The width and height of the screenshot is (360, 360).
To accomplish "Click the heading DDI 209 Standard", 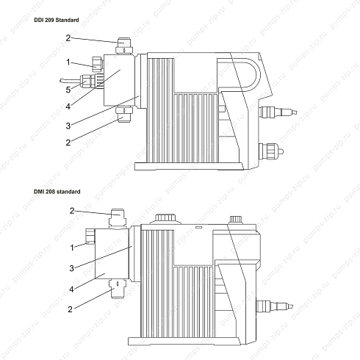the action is pos(57,20).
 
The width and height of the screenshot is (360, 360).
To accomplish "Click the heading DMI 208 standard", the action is pos(57,192).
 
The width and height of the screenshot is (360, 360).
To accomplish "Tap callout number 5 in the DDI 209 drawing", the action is pos(68,90).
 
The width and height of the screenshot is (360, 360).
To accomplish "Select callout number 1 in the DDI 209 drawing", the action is pos(68,62).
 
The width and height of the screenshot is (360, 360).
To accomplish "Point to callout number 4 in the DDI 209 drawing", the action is pos(68,107).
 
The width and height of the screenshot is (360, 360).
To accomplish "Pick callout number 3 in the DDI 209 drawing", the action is pos(68,126).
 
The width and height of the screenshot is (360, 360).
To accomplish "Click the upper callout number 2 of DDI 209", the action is pos(68,38).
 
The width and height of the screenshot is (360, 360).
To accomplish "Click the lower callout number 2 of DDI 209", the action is pos(68,143).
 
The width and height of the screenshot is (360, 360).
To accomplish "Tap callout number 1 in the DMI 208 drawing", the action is pos(72,248).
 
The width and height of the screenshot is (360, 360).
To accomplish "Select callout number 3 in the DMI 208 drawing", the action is pos(71,268).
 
